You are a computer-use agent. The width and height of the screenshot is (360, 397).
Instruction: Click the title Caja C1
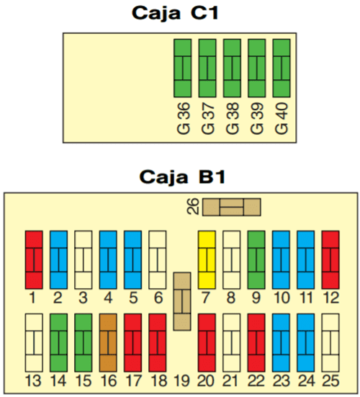click(175, 13)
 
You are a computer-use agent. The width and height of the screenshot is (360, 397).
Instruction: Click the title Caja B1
click(182, 177)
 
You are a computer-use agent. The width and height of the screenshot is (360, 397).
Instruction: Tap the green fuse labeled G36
click(182, 68)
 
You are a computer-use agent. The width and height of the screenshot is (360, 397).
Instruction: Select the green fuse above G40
click(282, 68)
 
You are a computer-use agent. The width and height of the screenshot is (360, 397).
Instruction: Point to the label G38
click(233, 118)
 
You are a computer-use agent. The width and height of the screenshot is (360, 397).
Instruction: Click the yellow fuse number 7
click(207, 259)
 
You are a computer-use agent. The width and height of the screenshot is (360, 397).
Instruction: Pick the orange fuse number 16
click(108, 342)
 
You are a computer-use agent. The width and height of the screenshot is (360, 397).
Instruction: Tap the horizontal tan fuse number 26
click(232, 207)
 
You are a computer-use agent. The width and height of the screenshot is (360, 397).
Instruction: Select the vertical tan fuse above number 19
click(182, 301)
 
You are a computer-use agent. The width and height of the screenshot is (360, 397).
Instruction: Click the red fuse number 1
click(34, 259)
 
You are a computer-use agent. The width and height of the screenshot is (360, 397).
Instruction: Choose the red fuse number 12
click(330, 259)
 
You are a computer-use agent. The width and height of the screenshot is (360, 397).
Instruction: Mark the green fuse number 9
click(256, 259)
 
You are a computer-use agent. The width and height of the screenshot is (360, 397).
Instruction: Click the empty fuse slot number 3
click(84, 259)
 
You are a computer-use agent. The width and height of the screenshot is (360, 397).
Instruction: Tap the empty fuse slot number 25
click(330, 342)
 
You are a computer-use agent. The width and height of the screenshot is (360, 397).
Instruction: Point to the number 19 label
click(182, 381)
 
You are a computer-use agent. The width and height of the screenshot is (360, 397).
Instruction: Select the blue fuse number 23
click(281, 342)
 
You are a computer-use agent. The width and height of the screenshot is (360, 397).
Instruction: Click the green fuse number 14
click(59, 342)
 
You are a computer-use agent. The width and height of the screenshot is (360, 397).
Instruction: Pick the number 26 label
click(193, 207)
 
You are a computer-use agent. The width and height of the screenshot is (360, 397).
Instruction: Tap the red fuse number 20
click(207, 342)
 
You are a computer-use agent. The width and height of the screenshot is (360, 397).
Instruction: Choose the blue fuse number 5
click(132, 259)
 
